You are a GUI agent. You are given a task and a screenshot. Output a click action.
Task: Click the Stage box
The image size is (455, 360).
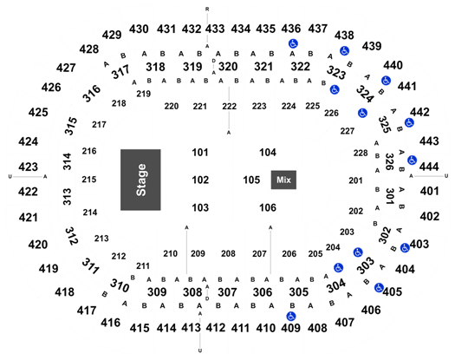click(140, 180)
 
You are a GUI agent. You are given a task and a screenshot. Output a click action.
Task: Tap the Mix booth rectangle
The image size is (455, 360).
click(283, 180)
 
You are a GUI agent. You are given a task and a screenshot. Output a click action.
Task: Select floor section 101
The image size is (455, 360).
click(200, 153)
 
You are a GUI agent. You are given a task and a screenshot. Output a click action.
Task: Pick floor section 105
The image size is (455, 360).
click(251, 180)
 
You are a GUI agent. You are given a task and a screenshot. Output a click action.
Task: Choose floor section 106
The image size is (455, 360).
click(268, 207)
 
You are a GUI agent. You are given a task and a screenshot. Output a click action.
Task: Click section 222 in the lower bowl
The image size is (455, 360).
click(230, 107)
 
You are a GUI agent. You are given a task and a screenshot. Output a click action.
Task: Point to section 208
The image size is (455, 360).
click(228, 253)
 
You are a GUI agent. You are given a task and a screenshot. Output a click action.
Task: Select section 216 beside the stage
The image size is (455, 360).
click(89, 151)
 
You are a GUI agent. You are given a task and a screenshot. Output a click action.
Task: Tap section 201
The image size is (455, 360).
click(355, 180)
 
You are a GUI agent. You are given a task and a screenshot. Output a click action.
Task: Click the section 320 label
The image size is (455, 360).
click(228, 67)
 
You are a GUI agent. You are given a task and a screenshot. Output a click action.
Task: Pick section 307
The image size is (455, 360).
click(227, 292)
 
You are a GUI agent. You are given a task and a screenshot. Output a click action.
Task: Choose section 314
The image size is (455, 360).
click(67, 161)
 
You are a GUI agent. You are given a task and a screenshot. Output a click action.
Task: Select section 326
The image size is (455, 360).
click(389, 162)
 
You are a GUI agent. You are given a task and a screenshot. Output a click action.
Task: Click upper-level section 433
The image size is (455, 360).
click(215, 29)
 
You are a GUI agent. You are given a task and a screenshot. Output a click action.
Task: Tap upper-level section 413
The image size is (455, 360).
click(191, 328)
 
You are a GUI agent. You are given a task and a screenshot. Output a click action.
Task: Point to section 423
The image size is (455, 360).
click(28, 167)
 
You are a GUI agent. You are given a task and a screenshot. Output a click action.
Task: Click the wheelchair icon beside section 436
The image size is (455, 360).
click(294, 44)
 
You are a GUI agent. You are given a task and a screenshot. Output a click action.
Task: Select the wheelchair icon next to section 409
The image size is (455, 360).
click(290, 316)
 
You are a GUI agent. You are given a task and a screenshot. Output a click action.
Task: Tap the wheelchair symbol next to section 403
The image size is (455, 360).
click(405, 248)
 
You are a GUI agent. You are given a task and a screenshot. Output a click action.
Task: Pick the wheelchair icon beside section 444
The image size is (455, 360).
click(412, 160)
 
